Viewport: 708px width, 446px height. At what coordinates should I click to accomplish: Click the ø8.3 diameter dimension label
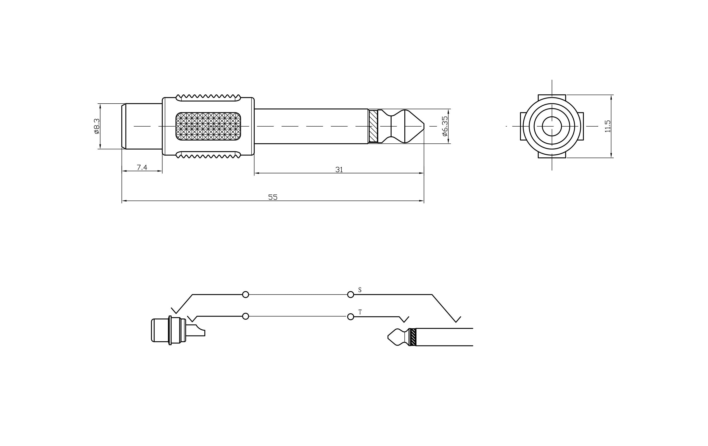point(97,126)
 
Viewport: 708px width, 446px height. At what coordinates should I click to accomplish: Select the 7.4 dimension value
point(142,167)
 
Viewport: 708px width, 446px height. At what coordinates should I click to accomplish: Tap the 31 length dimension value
point(339,169)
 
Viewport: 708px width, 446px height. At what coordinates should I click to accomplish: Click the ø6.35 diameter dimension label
point(445,126)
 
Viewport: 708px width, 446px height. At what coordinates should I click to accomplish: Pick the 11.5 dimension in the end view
point(608,126)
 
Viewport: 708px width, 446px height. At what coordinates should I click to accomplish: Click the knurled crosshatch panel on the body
point(208,126)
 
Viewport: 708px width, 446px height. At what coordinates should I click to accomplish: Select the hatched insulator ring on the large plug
point(373,126)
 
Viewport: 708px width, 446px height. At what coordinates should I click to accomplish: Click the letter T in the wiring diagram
point(360,312)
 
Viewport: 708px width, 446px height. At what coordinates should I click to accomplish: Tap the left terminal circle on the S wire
point(246,294)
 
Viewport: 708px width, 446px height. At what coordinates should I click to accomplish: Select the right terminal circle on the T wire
point(351,317)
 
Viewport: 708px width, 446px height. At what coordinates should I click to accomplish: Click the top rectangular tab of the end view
point(551,97)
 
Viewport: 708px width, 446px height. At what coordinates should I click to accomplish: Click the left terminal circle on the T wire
point(246,316)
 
